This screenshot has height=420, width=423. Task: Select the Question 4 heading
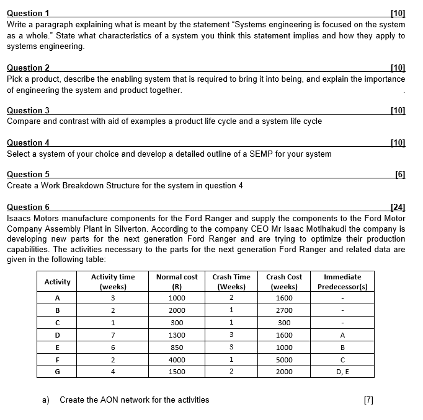coord(28,142)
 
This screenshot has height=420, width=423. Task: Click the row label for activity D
coord(57,335)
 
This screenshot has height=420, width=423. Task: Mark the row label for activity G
coord(57,372)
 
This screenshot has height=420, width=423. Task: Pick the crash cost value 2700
coord(284,310)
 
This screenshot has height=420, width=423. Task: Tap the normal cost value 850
coord(177,347)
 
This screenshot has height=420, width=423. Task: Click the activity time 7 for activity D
coord(113,335)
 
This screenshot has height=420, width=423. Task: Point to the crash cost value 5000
coord(284,359)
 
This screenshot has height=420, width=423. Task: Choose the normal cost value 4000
coord(177,359)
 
